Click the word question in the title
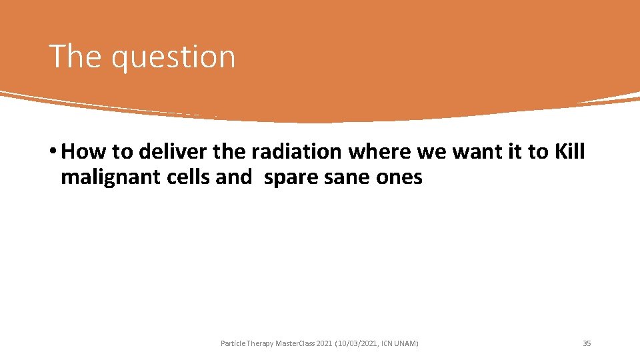pos(173,58)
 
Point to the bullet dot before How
pos(53,153)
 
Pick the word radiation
pos(296,152)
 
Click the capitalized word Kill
pos(569,152)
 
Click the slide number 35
pos(587,343)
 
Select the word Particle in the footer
pos(232,343)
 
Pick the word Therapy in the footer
pos(259,343)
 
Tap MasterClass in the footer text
pos(295,343)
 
